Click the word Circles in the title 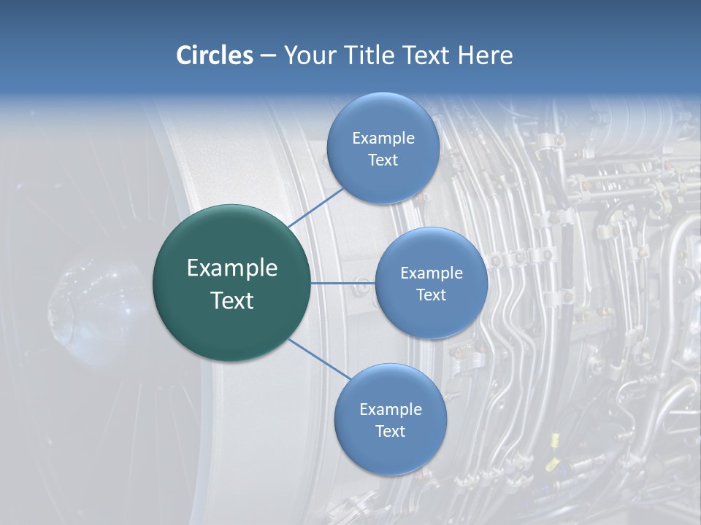(x=214, y=55)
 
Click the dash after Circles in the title (x=267, y=56)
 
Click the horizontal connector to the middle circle (x=343, y=283)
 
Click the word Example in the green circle (x=231, y=268)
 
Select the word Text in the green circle (x=231, y=300)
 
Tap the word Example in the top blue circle (x=383, y=139)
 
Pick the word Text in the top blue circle (x=383, y=160)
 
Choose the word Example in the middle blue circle (x=431, y=273)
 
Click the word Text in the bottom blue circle (x=390, y=432)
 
